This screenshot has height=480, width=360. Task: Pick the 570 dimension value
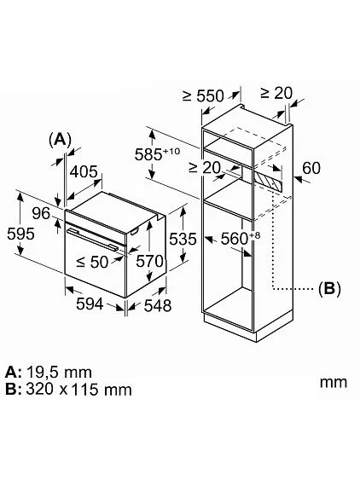point(151,260)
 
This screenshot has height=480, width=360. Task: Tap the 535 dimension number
point(181,240)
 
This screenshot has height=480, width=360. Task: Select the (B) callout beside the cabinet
point(328,288)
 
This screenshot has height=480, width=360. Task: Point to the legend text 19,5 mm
point(59,373)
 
